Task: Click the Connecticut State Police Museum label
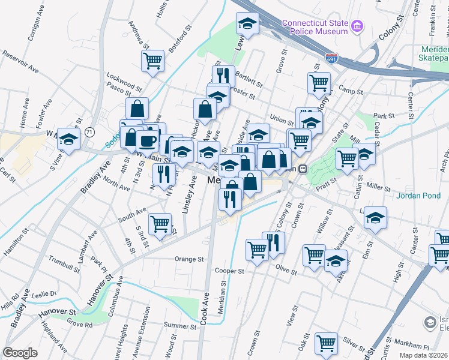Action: pyautogui.click(x=315, y=27)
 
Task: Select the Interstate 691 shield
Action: pyautogui.click(x=332, y=59)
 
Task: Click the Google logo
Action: pyautogui.click(x=20, y=353)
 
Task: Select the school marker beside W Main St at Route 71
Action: pyautogui.click(x=69, y=140)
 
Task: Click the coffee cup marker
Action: pyautogui.click(x=147, y=141)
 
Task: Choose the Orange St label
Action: pyautogui.click(x=189, y=259)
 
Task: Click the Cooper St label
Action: pyautogui.click(x=229, y=271)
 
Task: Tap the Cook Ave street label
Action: pyautogui.click(x=205, y=309)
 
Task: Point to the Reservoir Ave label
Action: pyautogui.click(x=20, y=62)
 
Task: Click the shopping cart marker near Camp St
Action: pyautogui.click(x=319, y=82)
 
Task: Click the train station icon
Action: pyautogui.click(x=304, y=169)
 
